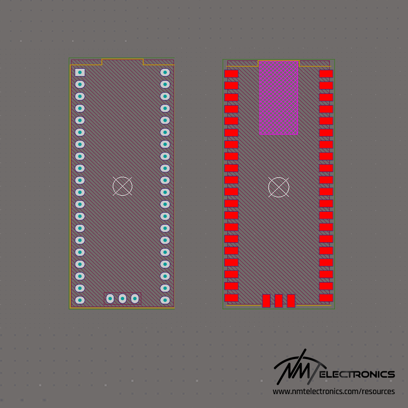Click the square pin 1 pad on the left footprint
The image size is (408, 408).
[x=80, y=72]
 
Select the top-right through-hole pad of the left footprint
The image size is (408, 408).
[x=165, y=72]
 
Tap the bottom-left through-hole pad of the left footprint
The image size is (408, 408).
[x=80, y=300]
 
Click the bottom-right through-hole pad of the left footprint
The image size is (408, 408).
[x=165, y=300]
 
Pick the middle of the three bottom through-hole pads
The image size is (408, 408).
[x=122, y=299]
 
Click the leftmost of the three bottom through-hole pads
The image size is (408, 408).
[x=110, y=299]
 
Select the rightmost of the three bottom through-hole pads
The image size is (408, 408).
[x=135, y=299]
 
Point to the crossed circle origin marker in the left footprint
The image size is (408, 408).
[x=122, y=186]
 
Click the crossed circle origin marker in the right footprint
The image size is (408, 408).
[x=279, y=187]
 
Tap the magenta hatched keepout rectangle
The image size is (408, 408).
[x=279, y=98]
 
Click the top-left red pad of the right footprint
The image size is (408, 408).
[x=231, y=73]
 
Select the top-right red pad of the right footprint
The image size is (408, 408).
[x=326, y=73]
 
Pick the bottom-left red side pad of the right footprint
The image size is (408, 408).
[x=231, y=298]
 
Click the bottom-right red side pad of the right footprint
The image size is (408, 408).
[x=326, y=298]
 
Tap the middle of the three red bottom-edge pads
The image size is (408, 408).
[x=279, y=301]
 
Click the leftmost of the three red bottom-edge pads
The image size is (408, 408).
[x=266, y=301]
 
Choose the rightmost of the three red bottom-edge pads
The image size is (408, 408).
[x=291, y=301]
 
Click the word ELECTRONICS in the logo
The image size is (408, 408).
[x=359, y=374]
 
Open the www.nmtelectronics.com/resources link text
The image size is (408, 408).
[x=334, y=391]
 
